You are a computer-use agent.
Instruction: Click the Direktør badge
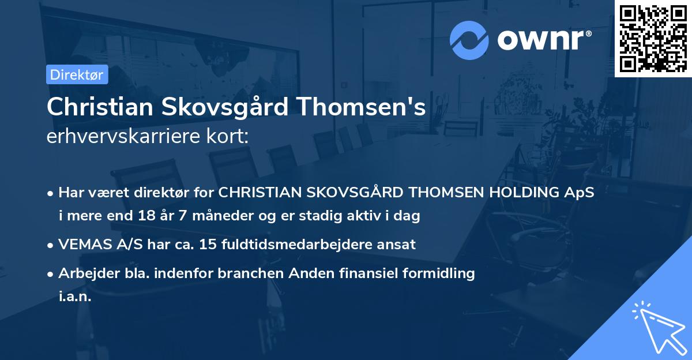tap(77, 74)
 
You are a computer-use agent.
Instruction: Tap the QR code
tap(653, 38)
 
